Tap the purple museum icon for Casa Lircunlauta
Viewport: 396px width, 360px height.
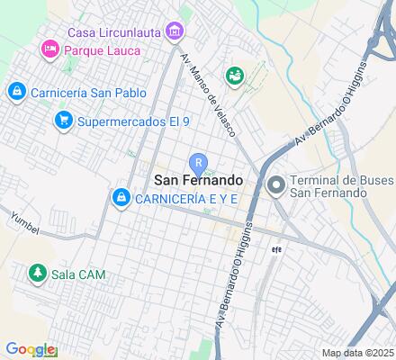click(x=175, y=32)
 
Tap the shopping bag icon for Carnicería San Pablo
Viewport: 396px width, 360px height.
click(x=15, y=92)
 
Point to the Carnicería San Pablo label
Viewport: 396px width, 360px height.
click(x=86, y=92)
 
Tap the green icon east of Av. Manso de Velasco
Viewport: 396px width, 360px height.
click(x=235, y=76)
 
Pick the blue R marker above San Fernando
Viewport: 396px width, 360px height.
click(x=198, y=162)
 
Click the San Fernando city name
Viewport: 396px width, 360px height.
click(x=198, y=180)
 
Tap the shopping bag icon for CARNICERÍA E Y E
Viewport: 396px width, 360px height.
click(x=120, y=196)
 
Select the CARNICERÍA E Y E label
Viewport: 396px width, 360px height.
click(x=185, y=198)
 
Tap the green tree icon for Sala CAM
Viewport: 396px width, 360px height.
click(x=37, y=271)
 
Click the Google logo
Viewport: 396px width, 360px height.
click(x=31, y=349)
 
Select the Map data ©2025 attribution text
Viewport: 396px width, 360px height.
click(x=357, y=353)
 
